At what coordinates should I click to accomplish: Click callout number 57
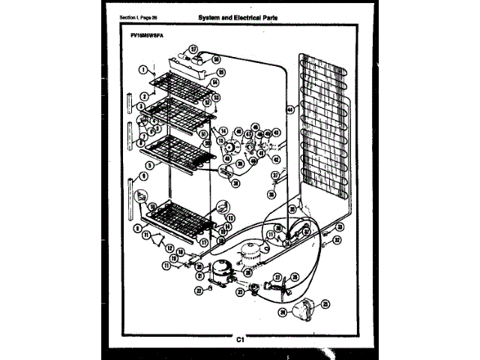tap(193, 49)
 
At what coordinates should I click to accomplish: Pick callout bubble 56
tap(216, 58)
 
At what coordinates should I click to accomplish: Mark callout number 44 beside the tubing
tap(291, 109)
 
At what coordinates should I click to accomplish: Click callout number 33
tap(340, 226)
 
